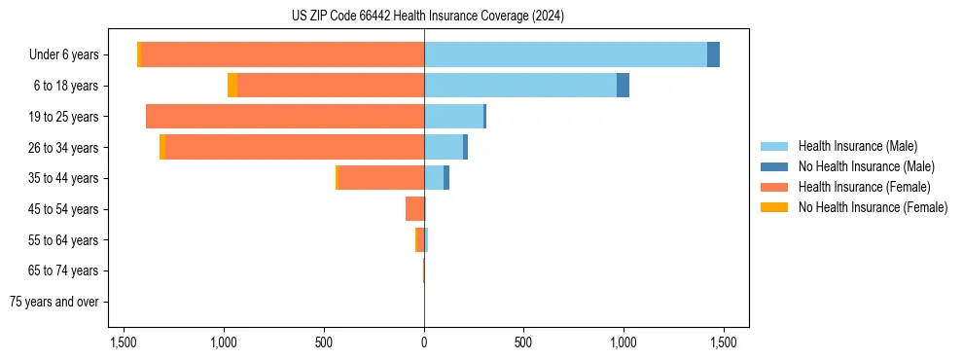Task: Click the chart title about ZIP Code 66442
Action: [427, 17]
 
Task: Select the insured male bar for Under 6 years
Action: [565, 54]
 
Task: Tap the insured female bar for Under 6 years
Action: [282, 54]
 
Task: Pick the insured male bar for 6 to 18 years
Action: [520, 86]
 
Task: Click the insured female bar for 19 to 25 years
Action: [285, 117]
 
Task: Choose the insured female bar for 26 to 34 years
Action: [295, 147]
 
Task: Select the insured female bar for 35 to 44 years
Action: [380, 178]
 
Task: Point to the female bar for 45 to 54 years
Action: [414, 209]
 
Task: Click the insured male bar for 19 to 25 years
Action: [453, 117]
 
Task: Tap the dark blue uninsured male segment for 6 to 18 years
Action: [623, 86]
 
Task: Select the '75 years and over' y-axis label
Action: [53, 302]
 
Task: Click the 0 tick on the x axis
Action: [424, 342]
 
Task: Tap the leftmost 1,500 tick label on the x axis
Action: [124, 342]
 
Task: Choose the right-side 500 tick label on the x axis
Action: [523, 342]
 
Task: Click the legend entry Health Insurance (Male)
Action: [857, 146]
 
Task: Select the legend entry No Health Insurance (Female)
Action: [873, 207]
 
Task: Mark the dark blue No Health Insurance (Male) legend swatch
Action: [774, 166]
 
